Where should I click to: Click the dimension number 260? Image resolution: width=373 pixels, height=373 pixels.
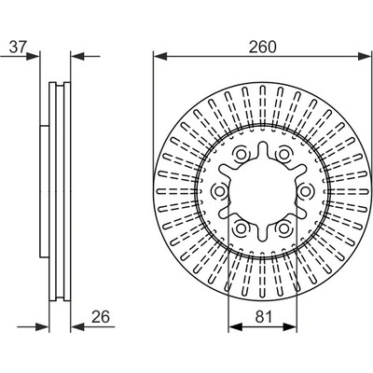coord(262,47)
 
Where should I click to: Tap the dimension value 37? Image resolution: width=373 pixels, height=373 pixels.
coord(18,47)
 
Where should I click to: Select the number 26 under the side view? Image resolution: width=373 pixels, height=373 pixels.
coord(101,317)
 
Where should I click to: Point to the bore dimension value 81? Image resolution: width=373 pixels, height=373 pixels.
coord(264,317)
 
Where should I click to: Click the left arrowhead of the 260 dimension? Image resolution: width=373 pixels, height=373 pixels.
coord(160,56)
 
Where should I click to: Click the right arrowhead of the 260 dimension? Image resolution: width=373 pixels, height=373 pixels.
coord(364,56)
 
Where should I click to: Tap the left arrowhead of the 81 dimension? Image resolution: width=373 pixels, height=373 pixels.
coord(235,326)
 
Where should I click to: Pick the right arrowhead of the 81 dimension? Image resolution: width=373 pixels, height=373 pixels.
coord(290,326)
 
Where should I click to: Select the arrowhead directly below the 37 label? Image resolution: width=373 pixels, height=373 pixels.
coord(34,56)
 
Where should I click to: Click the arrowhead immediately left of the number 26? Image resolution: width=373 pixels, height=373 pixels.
coord(77,326)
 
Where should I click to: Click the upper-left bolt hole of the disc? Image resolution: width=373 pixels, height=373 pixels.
coord(241,154)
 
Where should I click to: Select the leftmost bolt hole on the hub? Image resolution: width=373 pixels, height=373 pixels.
coord(219,191)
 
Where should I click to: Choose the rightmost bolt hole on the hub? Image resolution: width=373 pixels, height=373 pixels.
coord(306,191)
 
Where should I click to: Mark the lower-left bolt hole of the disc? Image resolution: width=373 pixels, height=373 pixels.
coord(241,228)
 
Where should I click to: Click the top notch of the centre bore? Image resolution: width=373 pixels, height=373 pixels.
coord(263,146)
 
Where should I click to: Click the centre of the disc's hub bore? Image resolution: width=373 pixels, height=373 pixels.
coord(263,191)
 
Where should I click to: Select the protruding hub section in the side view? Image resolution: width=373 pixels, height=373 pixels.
coord(45,192)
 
